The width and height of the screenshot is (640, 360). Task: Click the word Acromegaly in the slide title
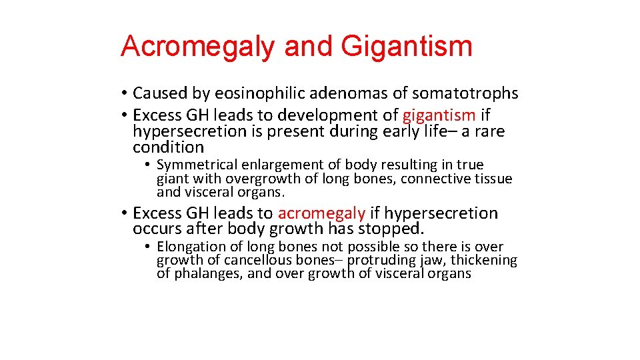click(198, 46)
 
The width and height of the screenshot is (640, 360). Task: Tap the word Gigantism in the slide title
click(406, 46)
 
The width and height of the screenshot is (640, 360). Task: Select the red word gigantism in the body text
click(439, 115)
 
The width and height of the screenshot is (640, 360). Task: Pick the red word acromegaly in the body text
click(321, 213)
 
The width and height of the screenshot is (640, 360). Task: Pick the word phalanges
click(208, 273)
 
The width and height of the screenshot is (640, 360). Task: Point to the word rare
click(489, 131)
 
